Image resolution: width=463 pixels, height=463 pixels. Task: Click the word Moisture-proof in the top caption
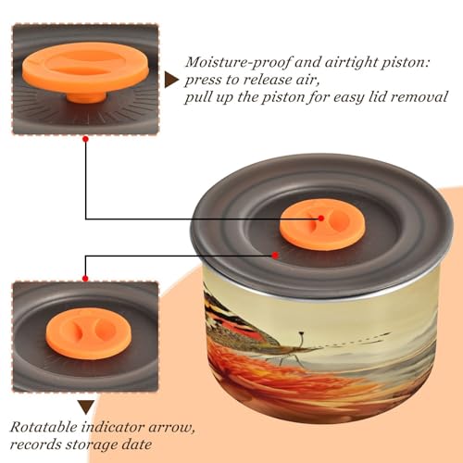(238, 63)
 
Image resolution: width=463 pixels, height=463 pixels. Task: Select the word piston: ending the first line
(406, 63)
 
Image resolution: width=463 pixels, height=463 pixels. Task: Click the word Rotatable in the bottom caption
(44, 427)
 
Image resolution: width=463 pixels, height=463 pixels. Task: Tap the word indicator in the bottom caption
(113, 427)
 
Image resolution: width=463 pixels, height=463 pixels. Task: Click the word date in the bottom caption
(138, 444)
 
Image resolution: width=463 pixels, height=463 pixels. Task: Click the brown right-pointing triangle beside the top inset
(170, 81)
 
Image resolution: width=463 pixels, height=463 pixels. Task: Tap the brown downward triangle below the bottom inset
(86, 407)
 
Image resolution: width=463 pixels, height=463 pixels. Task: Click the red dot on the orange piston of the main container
(321, 219)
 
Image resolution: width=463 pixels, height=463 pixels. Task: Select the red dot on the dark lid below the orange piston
(275, 256)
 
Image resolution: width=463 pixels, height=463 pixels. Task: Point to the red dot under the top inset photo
(86, 139)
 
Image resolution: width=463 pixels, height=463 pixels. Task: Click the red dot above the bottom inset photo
(85, 279)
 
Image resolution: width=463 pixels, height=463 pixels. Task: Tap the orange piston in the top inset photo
(85, 69)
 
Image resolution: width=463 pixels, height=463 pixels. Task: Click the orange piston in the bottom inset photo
(87, 333)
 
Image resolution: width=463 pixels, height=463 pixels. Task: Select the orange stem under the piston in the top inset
(86, 97)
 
